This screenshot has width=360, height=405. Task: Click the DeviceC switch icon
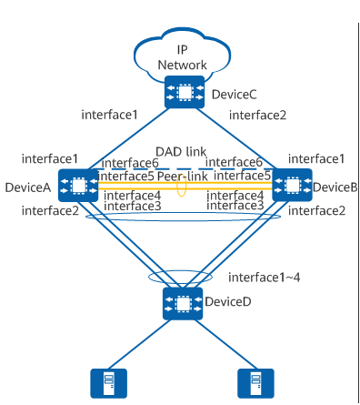tap(185, 92)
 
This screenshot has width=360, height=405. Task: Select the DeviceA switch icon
tap(78, 186)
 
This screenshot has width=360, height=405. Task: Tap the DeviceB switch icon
tap(292, 185)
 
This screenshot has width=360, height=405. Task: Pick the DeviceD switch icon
tap(183, 303)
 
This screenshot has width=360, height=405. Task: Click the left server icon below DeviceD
tap(109, 383)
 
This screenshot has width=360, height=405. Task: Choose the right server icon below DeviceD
tap(255, 383)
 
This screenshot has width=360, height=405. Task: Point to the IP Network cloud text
tap(182, 57)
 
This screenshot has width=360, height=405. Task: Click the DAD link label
tap(181, 151)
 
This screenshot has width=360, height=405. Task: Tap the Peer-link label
tap(183, 177)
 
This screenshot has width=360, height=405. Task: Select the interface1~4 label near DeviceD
tap(265, 278)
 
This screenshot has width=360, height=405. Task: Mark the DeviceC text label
tap(234, 95)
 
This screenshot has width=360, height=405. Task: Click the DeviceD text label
tap(228, 301)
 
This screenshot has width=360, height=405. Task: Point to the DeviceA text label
tap(28, 187)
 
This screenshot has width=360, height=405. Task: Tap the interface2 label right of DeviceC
tap(257, 115)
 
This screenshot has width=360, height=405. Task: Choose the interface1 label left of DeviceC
tap(109, 115)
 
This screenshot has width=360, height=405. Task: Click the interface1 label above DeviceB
tap(316, 158)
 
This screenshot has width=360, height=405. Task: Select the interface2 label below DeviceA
tap(50, 210)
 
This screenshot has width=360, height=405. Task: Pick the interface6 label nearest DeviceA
tap(130, 163)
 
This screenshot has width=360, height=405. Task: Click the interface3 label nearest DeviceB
tap(235, 206)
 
